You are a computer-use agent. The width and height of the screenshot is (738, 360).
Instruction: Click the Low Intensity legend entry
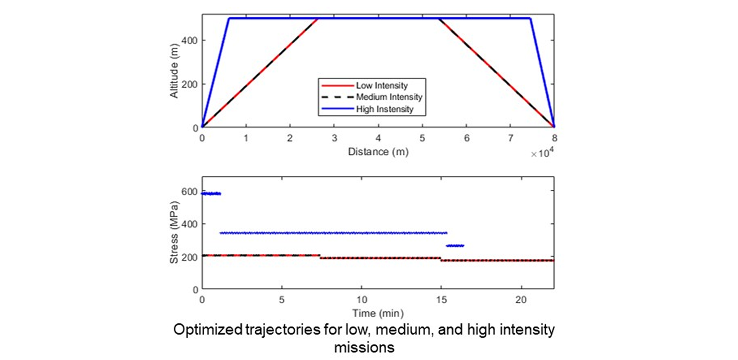pos(382,85)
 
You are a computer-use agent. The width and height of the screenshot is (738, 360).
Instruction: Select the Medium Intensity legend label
pos(389,97)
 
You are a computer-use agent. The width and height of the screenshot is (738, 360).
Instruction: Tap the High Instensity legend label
pos(384,109)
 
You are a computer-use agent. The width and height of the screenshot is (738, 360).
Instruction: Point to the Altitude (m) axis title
pos(174,71)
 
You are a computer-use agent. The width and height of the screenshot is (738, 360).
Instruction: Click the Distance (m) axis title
pos(378,152)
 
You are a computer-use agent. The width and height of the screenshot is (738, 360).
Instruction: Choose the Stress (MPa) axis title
pos(174,232)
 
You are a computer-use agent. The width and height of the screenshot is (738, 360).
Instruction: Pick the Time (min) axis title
pos(378,313)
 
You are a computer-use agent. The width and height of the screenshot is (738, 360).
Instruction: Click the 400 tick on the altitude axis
pos(190,40)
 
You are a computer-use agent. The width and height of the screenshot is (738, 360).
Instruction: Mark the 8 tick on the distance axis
pos(554,138)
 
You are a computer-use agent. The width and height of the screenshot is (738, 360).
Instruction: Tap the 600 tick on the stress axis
pos(190,192)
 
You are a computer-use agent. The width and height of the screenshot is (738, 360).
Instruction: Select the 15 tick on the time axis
pos(441,300)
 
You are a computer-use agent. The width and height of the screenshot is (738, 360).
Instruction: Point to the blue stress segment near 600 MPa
pos(211,193)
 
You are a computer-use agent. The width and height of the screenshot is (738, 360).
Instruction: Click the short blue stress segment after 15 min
pos(454,246)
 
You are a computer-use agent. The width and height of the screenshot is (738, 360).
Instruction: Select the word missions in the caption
pos(364,347)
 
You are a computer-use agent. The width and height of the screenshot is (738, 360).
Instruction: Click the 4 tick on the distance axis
pos(378,138)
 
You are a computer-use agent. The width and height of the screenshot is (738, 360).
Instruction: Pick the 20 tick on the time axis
pos(521,300)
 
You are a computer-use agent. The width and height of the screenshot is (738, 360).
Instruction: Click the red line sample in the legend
pos(337,85)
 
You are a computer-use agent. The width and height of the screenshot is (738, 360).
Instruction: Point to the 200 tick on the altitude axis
pos(190,84)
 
